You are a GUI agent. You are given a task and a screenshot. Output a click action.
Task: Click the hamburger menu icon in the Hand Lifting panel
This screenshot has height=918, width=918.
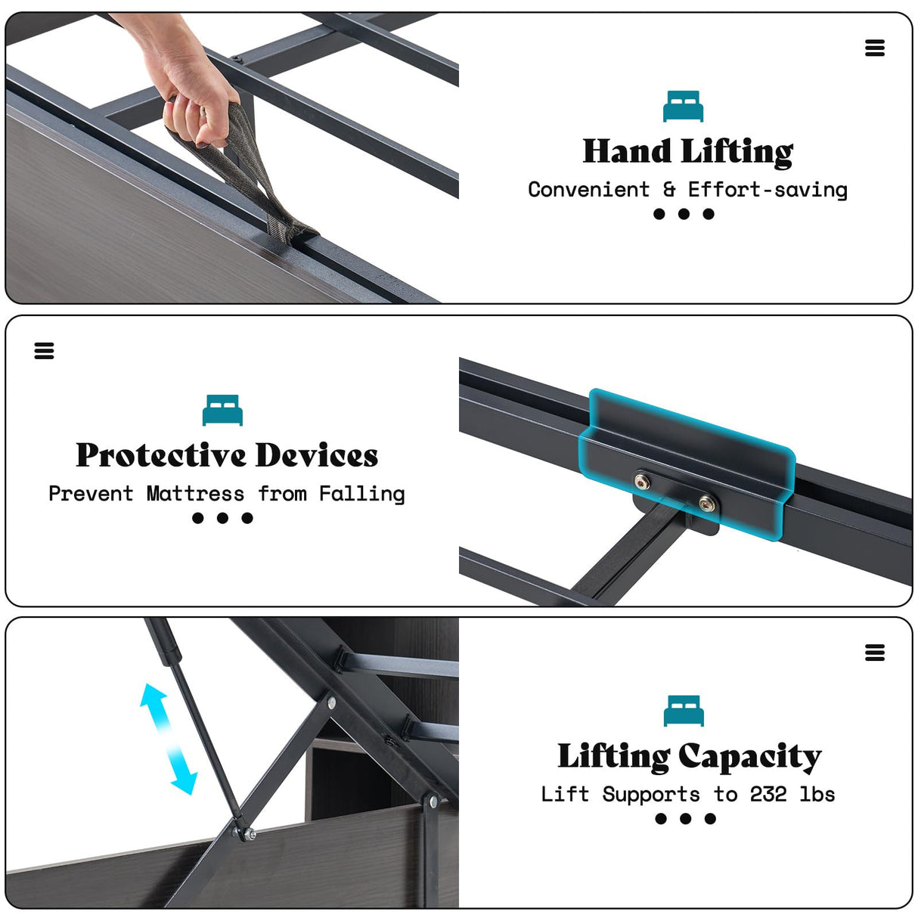pos(875,48)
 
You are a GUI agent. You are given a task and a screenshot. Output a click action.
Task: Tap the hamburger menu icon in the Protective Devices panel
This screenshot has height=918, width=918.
pos(44,351)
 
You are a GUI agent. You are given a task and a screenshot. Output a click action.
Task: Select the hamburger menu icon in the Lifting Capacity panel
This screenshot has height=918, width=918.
pos(875,653)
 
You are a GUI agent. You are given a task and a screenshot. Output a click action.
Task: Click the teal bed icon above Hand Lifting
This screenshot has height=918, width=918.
pos(683,106)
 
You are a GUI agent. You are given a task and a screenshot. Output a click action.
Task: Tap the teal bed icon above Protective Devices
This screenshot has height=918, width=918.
pos(222,410)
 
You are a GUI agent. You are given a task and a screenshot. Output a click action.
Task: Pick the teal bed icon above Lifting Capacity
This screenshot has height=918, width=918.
pos(684,711)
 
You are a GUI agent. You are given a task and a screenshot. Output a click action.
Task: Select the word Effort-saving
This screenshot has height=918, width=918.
pos(768,190)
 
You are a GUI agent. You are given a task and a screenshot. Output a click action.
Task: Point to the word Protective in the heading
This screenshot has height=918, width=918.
pos(161,455)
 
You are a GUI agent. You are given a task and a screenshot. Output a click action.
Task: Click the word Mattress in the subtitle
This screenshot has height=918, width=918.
pos(195,494)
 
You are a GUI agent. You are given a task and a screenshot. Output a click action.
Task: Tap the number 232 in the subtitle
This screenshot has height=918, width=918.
pos(768,794)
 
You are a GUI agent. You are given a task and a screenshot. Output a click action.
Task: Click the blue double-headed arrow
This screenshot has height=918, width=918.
pos(169,739)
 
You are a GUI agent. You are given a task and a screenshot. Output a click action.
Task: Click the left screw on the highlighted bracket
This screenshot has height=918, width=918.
pos(643,481)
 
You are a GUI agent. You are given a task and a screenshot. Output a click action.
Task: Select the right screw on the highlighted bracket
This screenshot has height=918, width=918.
pos(706,504)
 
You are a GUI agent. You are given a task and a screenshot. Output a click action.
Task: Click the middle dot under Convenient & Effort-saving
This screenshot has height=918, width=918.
pos(684,214)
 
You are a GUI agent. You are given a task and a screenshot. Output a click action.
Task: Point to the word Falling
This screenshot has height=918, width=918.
pos(362,495)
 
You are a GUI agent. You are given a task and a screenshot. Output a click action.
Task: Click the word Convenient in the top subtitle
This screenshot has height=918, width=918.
pos(589,190)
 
